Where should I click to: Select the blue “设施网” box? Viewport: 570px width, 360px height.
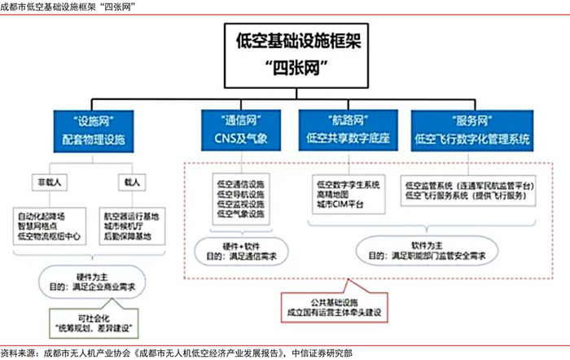pyautogui.click(x=92, y=130)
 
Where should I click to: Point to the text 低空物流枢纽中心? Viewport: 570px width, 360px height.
pyautogui.click(x=49, y=237)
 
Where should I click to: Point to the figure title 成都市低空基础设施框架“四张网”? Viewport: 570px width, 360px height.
pyautogui.click(x=69, y=7)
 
